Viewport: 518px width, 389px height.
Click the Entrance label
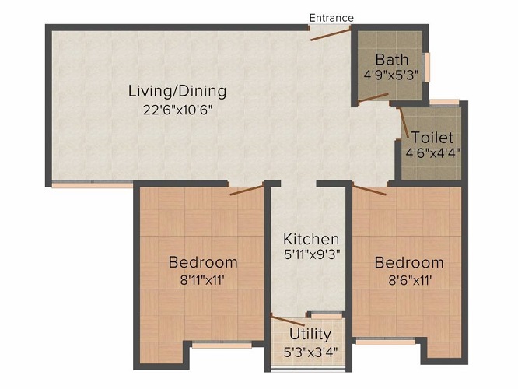click(331, 18)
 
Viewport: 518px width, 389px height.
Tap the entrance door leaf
click(331, 35)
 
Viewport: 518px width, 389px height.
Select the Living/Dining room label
click(177, 91)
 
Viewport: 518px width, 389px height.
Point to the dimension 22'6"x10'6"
click(177, 110)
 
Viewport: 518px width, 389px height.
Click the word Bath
click(392, 59)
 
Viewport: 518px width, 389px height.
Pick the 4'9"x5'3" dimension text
click(391, 75)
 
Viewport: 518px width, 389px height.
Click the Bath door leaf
click(373, 97)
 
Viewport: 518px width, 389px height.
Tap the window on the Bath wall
click(428, 67)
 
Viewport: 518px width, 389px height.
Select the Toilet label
click(432, 137)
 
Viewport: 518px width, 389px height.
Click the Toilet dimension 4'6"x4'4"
click(432, 153)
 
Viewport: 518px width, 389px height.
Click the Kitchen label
click(311, 239)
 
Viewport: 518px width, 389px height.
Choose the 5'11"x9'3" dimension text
click(312, 254)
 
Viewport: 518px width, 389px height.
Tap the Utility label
click(310, 335)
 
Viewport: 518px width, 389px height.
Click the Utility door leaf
click(288, 321)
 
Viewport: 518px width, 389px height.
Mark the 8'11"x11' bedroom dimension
click(202, 281)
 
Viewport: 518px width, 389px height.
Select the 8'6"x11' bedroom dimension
click(410, 281)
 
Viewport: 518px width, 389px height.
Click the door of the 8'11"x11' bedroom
click(247, 190)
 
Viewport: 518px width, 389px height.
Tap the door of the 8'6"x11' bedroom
click(369, 190)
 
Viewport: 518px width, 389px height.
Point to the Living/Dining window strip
click(93, 185)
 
